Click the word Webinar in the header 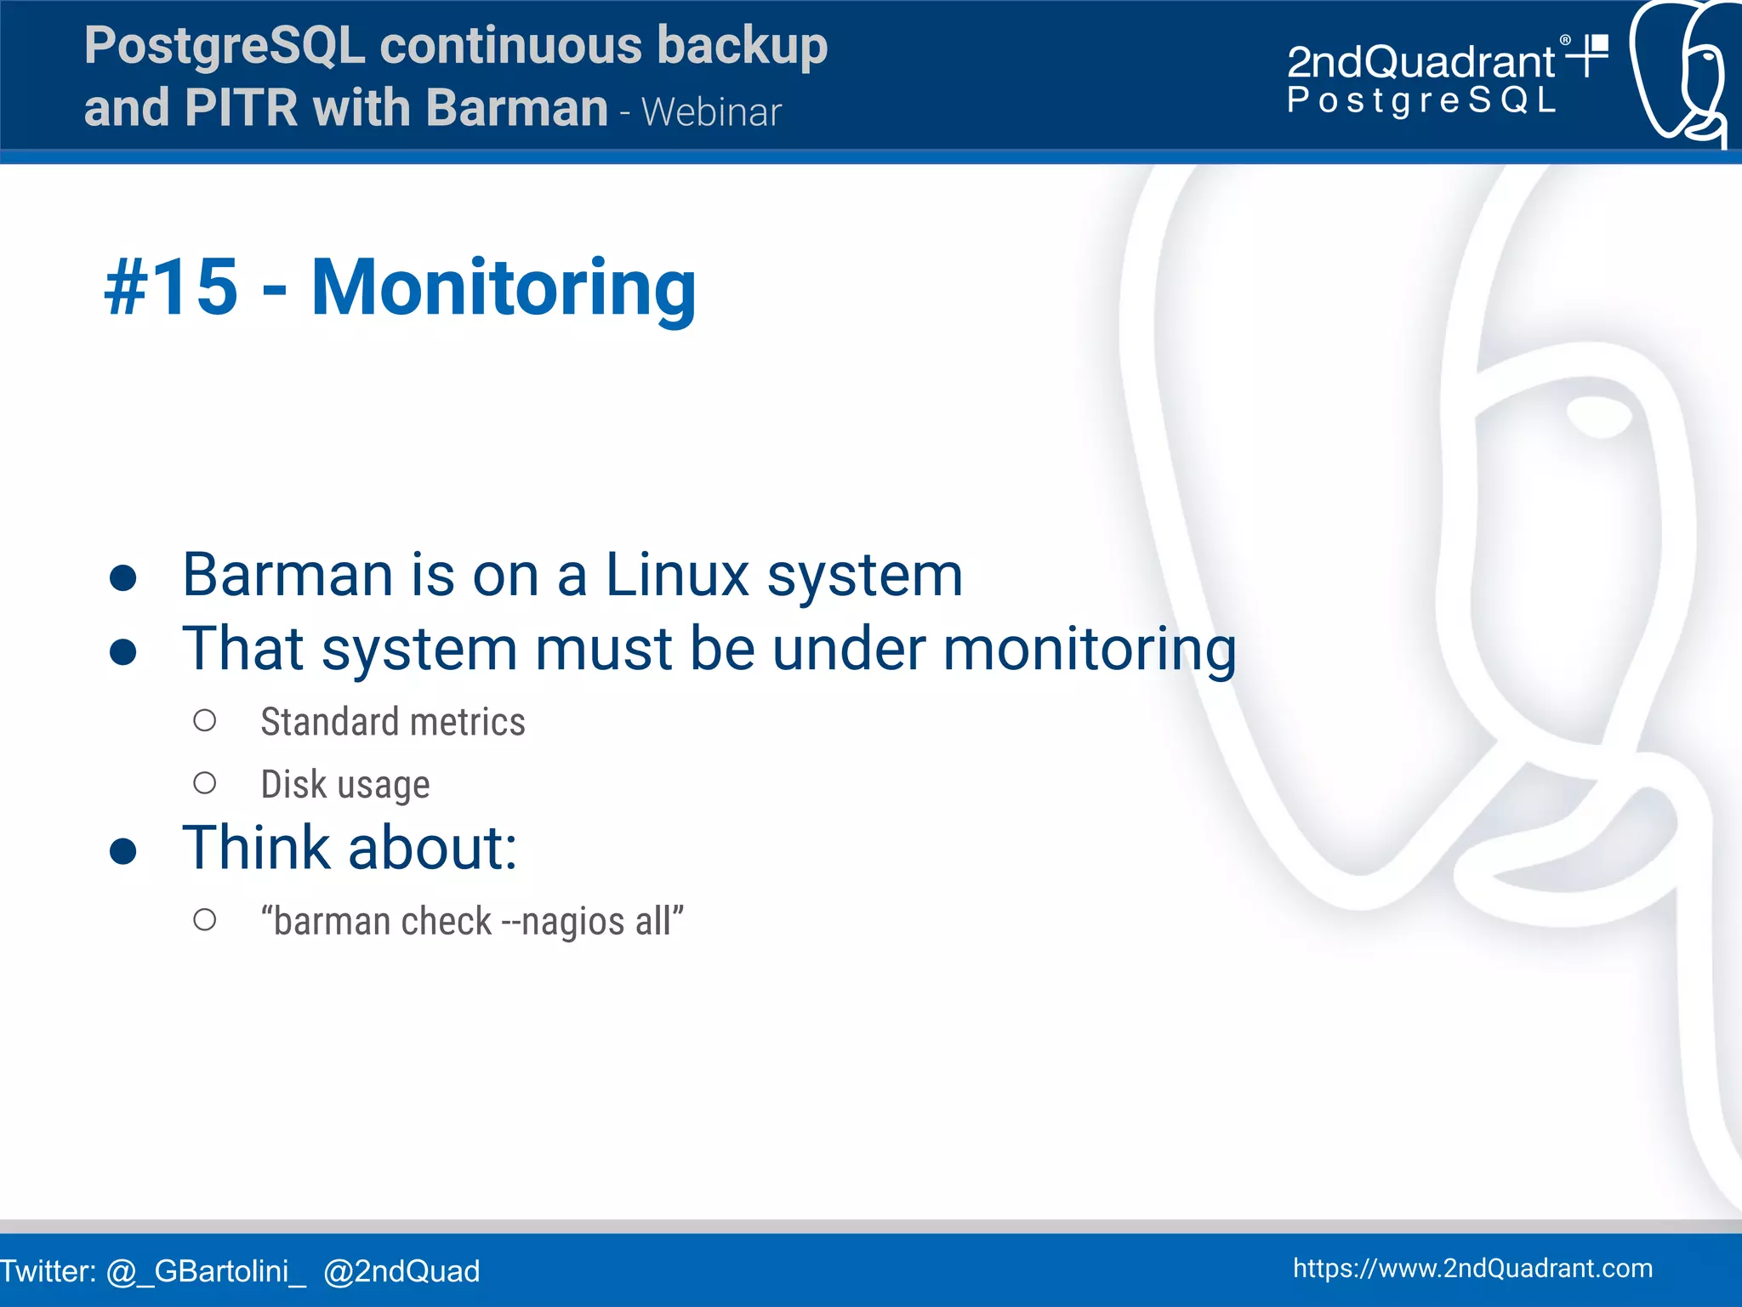click(711, 112)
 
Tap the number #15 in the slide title click(171, 287)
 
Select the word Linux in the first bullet click(677, 575)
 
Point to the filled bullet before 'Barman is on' click(123, 578)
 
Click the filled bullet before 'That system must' click(123, 652)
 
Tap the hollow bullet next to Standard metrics click(204, 721)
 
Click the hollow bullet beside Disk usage click(204, 783)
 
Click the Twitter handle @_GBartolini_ click(206, 1271)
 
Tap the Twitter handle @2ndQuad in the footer click(401, 1271)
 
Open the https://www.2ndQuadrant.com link click(1472, 1268)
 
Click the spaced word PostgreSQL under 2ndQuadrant click(1420, 100)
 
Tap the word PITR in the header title click(240, 108)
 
